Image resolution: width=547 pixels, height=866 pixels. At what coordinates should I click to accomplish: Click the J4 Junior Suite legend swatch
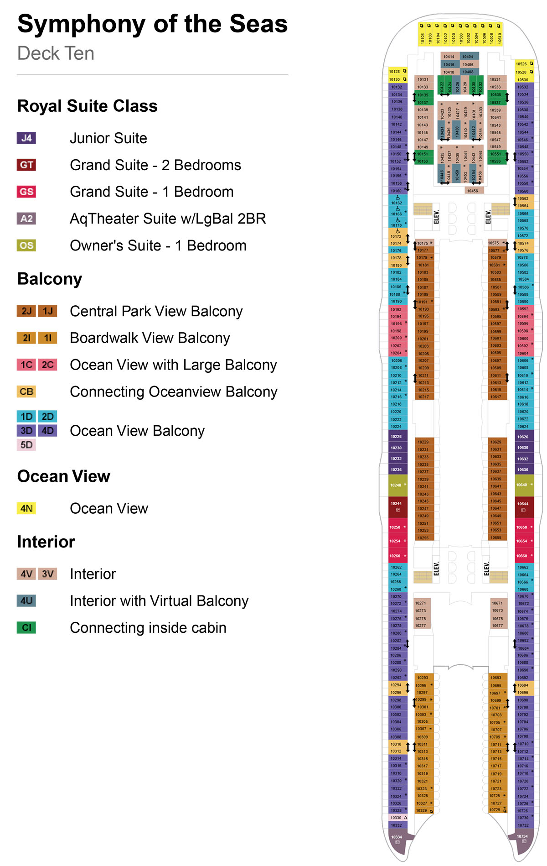26,138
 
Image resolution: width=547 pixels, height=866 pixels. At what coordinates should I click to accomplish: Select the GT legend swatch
26,165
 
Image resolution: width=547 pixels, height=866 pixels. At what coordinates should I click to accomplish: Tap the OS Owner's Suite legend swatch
26,245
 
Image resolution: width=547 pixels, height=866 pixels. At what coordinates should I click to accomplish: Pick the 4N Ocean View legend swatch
26,508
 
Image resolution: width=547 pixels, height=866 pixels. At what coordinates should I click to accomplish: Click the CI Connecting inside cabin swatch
26,628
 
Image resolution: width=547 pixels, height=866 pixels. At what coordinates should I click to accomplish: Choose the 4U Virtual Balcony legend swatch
26,601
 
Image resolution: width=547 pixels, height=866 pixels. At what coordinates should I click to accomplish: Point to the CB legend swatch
26,391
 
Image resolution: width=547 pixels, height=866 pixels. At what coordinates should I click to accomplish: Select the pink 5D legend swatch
26,445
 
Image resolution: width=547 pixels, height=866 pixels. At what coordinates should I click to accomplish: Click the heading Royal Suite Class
87,106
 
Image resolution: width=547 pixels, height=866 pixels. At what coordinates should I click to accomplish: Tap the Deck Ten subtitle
56,53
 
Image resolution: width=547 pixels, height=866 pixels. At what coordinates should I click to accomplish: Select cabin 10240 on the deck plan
396,485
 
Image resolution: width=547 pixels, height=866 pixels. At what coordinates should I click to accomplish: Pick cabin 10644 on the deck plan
523,506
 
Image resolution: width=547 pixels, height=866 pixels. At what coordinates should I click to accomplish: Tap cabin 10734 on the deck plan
522,838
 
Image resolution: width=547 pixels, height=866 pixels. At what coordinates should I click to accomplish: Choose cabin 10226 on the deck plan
396,437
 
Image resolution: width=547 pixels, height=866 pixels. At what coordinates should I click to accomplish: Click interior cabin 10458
472,191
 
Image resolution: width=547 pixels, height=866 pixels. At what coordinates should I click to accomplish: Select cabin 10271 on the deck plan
420,603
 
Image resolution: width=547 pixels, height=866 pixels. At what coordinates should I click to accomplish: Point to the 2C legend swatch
47,365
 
